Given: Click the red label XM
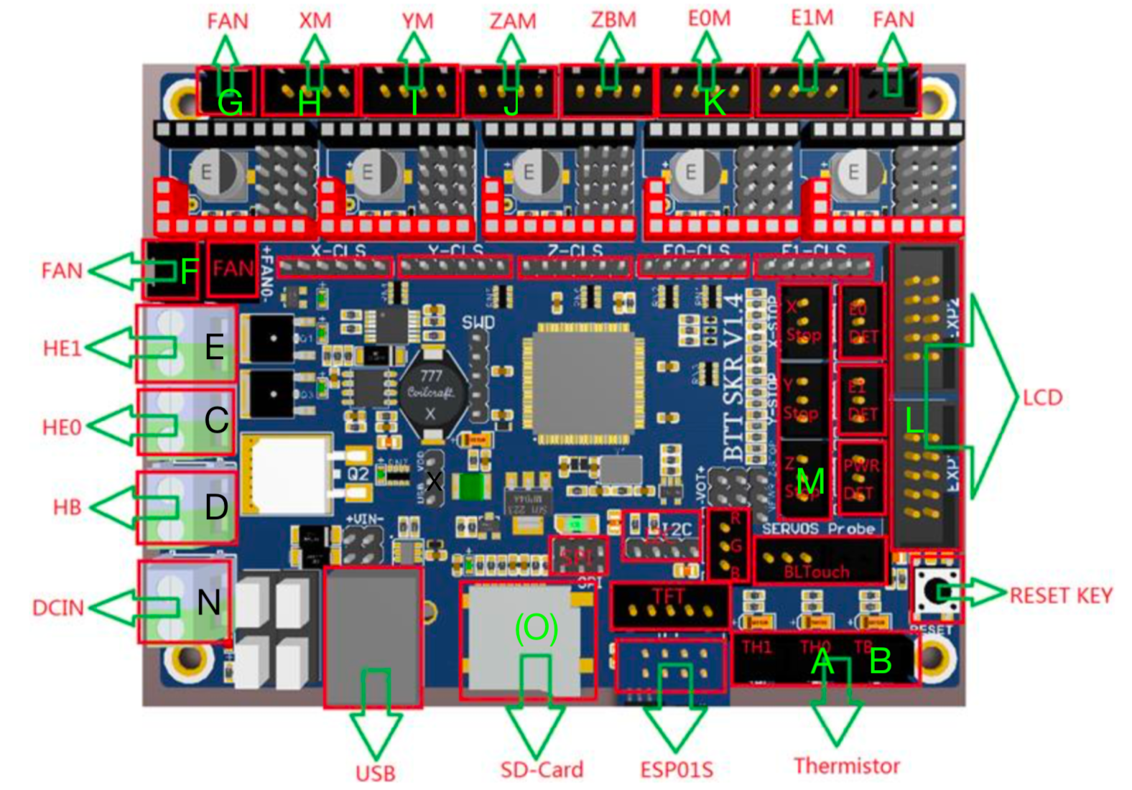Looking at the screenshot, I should [315, 21].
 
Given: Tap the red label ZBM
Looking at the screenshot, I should [613, 20].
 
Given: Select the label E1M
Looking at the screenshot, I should [812, 19].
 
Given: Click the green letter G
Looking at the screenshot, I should [230, 103].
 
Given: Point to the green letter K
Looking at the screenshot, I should [713, 103].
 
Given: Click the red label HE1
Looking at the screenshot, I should [62, 349].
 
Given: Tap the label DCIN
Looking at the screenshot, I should [58, 608].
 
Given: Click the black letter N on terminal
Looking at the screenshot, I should [209, 602].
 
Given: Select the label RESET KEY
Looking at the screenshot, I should [1060, 595].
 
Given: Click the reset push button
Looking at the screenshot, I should [937, 591].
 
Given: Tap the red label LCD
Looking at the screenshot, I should [1042, 398].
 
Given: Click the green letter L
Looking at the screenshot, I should [914, 420].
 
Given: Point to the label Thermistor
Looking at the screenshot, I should [846, 766].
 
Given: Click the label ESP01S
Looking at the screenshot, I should [677, 770].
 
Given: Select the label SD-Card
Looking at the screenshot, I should [542, 770].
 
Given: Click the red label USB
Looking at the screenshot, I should [375, 773].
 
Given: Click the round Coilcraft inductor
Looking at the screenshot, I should [431, 393].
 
